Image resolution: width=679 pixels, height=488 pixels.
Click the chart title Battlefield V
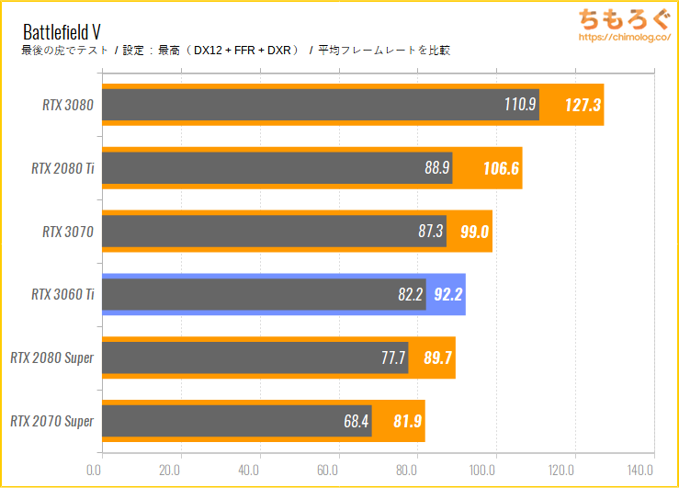[x=62, y=29]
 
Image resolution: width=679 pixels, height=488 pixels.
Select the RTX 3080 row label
[x=68, y=105]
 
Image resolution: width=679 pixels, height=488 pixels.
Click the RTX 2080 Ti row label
[x=62, y=168]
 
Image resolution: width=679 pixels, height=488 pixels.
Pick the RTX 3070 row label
[x=68, y=232]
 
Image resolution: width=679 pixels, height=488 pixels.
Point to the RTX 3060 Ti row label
[x=62, y=295]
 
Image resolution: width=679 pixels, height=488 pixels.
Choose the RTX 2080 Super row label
[x=52, y=358]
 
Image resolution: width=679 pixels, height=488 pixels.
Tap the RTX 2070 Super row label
[x=52, y=421]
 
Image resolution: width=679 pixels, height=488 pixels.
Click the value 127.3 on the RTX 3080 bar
[x=583, y=105]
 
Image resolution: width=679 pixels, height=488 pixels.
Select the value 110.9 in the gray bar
[x=520, y=105]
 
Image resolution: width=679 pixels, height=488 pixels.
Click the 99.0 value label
[x=475, y=232]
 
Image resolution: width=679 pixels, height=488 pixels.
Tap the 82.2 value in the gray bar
[x=411, y=295]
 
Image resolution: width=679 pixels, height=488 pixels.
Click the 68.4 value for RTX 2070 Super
[x=356, y=421]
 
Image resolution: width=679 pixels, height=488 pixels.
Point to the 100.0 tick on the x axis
[x=495, y=470]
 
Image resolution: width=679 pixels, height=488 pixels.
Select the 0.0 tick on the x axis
[x=95, y=470]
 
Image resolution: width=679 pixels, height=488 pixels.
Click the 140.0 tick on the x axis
[x=653, y=470]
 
